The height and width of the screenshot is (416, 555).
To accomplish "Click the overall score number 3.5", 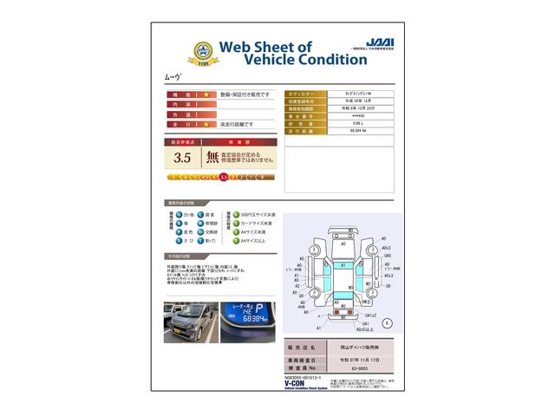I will [x=182, y=158].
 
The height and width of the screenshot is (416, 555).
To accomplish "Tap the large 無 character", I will [x=212, y=158].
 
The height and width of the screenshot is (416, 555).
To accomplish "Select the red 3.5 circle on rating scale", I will [x=224, y=177].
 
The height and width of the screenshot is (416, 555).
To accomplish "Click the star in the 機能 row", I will [x=206, y=94].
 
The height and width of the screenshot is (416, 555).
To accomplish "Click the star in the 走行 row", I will [x=206, y=125].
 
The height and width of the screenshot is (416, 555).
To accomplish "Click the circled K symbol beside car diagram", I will [x=385, y=322].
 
